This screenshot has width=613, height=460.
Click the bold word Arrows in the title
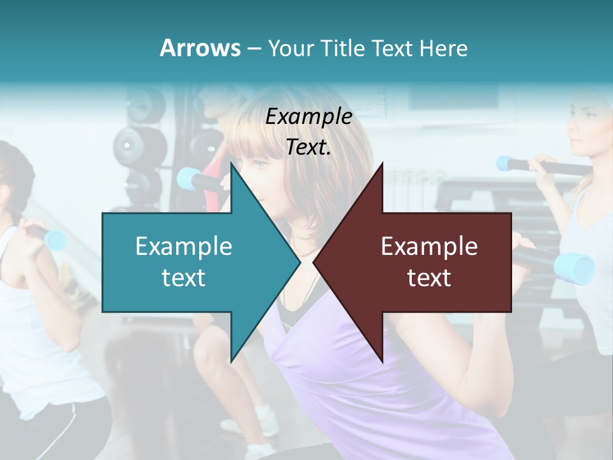point(200,48)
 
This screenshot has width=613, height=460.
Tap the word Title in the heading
point(342,49)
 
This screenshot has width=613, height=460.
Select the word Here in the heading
point(444,49)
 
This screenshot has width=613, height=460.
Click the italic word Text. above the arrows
point(308,147)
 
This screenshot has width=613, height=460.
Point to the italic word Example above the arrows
point(308,117)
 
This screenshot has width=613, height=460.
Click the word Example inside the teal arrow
point(184,247)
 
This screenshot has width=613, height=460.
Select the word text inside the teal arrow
point(184,278)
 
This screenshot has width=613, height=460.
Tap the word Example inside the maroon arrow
point(429,247)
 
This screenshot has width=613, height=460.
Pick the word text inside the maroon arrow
point(429,278)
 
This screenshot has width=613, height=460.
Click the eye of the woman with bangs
point(260,165)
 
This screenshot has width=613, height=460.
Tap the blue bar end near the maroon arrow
point(574,267)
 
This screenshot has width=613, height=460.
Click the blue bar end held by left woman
point(56,240)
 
